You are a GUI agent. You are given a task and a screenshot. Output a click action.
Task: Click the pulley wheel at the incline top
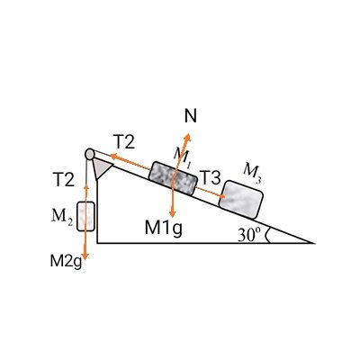click(x=89, y=154)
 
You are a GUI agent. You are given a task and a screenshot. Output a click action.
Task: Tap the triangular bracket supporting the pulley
click(x=101, y=168)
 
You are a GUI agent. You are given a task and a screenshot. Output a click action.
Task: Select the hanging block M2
click(x=85, y=216)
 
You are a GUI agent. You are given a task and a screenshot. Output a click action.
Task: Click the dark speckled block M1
click(x=174, y=178)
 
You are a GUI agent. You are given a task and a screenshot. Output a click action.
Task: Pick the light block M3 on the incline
click(x=241, y=199)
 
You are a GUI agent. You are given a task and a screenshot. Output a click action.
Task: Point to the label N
click(x=191, y=116)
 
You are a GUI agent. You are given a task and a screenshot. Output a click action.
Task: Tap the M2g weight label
click(x=66, y=261)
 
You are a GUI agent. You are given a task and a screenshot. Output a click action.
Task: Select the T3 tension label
click(x=210, y=177)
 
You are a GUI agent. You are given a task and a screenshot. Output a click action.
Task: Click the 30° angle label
click(x=247, y=235)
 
